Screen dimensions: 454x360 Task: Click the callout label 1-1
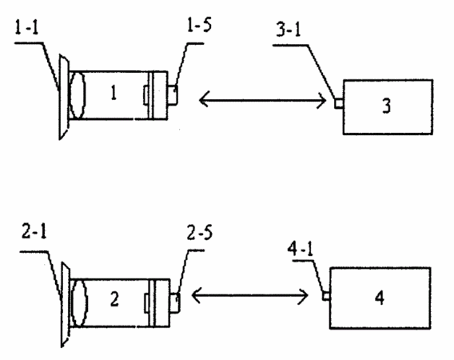click(26, 28)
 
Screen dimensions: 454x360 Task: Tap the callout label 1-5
click(200, 25)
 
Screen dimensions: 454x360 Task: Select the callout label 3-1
click(289, 29)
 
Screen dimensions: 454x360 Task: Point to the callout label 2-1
click(34, 232)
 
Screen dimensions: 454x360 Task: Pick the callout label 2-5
click(200, 233)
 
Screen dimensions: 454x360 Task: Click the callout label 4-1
click(301, 249)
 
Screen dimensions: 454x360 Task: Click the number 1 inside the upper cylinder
click(113, 94)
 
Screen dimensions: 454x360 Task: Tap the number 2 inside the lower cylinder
click(114, 299)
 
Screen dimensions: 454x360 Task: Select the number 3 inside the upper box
click(387, 106)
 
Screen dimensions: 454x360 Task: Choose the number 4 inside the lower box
click(380, 298)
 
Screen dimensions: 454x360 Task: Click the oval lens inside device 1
click(78, 95)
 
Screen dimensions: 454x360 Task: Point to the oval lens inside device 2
click(79, 303)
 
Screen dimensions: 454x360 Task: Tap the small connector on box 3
click(339, 103)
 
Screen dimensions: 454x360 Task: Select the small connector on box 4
click(326, 296)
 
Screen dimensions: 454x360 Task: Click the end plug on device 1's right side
click(173, 94)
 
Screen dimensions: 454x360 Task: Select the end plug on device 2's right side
click(175, 302)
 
